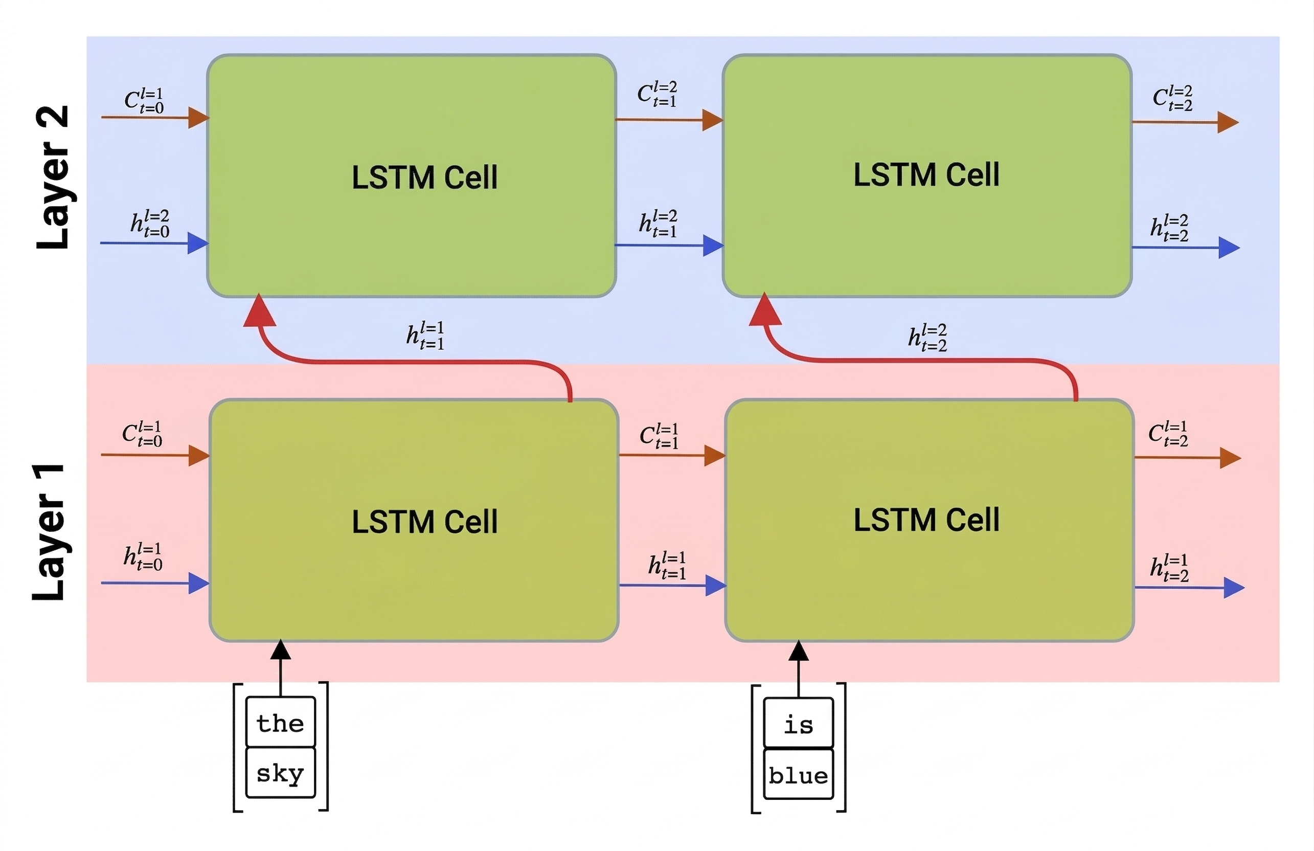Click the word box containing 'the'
pos(281,722)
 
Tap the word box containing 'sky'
pos(281,773)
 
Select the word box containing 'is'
pos(798,724)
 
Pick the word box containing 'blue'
pos(798,775)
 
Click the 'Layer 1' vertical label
pos(50,531)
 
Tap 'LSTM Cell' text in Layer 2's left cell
pos(424,177)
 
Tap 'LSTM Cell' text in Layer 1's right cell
pos(926,520)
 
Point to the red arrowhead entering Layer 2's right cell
pos(765,310)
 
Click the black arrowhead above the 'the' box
pos(281,650)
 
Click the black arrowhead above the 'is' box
pos(798,651)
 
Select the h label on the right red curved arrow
pos(927,338)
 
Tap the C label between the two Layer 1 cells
pos(659,436)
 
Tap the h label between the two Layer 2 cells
pos(658,223)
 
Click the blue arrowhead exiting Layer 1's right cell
pos(1233,588)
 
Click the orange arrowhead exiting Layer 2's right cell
pos(1227,122)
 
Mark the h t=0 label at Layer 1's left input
pos(143,556)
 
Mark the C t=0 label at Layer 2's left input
pos(144,101)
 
